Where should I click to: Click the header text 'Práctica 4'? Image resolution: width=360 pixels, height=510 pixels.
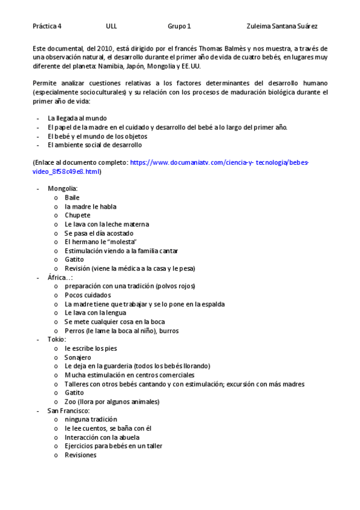(x=47, y=26)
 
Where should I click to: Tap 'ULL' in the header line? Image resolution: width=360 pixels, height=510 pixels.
(x=111, y=26)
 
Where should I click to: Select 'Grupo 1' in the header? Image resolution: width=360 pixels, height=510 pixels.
(x=179, y=26)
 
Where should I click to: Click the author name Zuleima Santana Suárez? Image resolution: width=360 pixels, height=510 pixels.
(x=282, y=26)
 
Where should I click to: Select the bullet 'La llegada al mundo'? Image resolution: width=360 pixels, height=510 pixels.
(x=77, y=118)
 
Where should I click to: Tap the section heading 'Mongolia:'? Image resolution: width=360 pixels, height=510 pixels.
(x=63, y=189)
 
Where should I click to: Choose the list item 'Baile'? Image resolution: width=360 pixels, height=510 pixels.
(x=72, y=197)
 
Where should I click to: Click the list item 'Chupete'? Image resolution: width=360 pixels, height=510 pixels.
(x=78, y=215)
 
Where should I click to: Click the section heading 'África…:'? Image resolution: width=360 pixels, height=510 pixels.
(x=60, y=277)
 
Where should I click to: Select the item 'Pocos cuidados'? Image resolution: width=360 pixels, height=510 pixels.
(x=88, y=295)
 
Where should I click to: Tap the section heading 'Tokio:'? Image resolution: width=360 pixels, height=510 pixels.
(x=57, y=339)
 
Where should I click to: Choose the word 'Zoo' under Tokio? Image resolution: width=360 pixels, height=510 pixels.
(x=70, y=402)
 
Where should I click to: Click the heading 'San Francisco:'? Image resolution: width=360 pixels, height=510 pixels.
(x=69, y=410)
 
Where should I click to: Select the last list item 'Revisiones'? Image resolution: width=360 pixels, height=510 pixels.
(x=81, y=455)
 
